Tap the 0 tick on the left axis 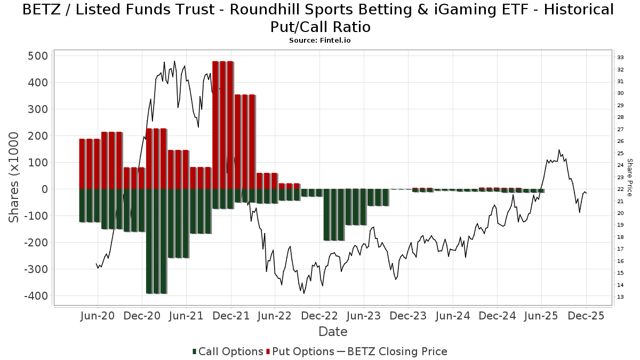(x=44, y=189)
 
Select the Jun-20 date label (x=97, y=316)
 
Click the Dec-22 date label (x=319, y=316)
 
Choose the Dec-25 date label (x=586, y=316)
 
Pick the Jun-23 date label (x=363, y=316)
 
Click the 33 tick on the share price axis (x=620, y=58)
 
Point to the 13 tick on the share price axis (x=620, y=297)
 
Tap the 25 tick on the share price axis (x=620, y=154)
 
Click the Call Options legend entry (x=228, y=351)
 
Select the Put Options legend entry (x=302, y=351)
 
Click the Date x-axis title (x=333, y=332)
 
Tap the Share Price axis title (x=629, y=177)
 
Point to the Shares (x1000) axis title (x=14, y=178)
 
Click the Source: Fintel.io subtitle (x=320, y=40)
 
